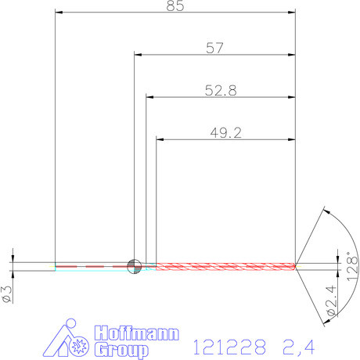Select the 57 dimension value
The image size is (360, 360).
[215, 48]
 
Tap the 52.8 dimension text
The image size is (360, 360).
[221, 90]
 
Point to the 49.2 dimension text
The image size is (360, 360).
[225, 132]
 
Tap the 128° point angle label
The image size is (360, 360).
[353, 266]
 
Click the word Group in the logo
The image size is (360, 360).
[121, 349]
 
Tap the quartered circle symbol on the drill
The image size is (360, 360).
[134, 266]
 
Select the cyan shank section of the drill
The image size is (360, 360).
[90, 267]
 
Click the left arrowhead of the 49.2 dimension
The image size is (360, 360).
[161, 139]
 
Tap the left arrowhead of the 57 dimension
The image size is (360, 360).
[139, 55]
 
